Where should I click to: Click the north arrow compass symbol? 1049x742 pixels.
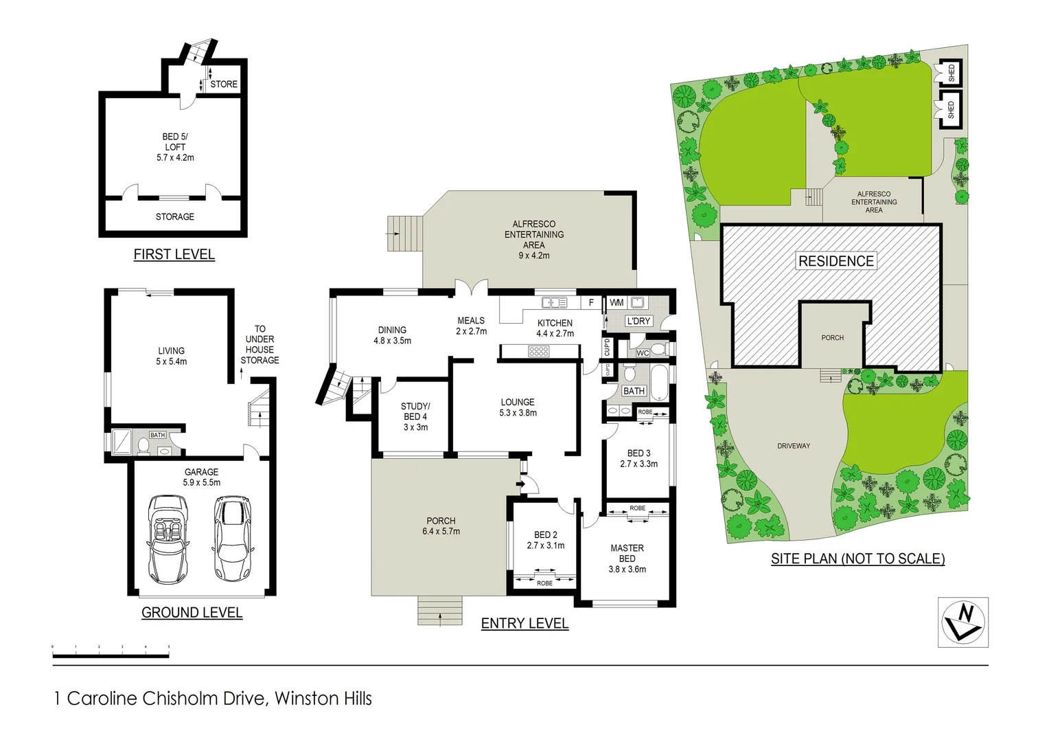pos(963,622)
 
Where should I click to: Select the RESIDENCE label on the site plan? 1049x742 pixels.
pos(835,261)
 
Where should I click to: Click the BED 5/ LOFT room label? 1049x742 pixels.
pos(175,147)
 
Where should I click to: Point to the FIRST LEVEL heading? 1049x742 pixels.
pos(174,255)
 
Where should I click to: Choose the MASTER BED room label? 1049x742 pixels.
pos(627,553)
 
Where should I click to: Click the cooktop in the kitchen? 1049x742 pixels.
pos(538,352)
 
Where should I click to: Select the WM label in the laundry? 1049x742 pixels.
pos(616,302)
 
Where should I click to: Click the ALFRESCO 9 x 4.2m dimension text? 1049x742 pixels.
pos(533,256)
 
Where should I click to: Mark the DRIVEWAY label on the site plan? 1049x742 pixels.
pos(794,446)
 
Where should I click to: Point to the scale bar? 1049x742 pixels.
pos(111,653)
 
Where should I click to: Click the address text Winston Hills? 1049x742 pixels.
pos(323,699)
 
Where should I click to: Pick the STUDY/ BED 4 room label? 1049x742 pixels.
pos(415,416)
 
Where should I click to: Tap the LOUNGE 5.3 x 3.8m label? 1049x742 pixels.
pos(518,407)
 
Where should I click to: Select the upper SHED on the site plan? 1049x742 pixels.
pos(950,73)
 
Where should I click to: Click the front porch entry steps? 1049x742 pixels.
pos(439,611)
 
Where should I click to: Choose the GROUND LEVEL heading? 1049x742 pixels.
pos(192,613)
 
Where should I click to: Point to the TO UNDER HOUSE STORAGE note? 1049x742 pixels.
pos(260,344)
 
